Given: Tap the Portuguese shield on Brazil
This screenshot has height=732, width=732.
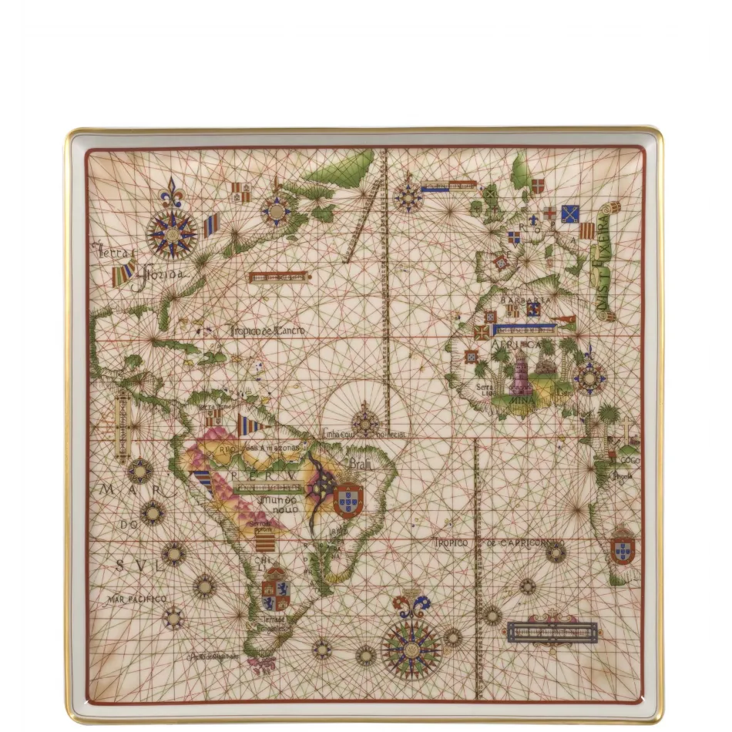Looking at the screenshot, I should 348,499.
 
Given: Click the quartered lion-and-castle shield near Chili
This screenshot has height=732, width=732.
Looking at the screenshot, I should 275,593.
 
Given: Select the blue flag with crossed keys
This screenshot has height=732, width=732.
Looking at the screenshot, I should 570,213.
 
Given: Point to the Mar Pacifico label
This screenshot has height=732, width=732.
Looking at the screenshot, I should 137,599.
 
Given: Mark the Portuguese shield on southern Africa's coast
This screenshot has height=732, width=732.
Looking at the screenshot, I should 623,549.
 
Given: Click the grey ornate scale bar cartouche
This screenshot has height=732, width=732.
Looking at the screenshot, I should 552,631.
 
